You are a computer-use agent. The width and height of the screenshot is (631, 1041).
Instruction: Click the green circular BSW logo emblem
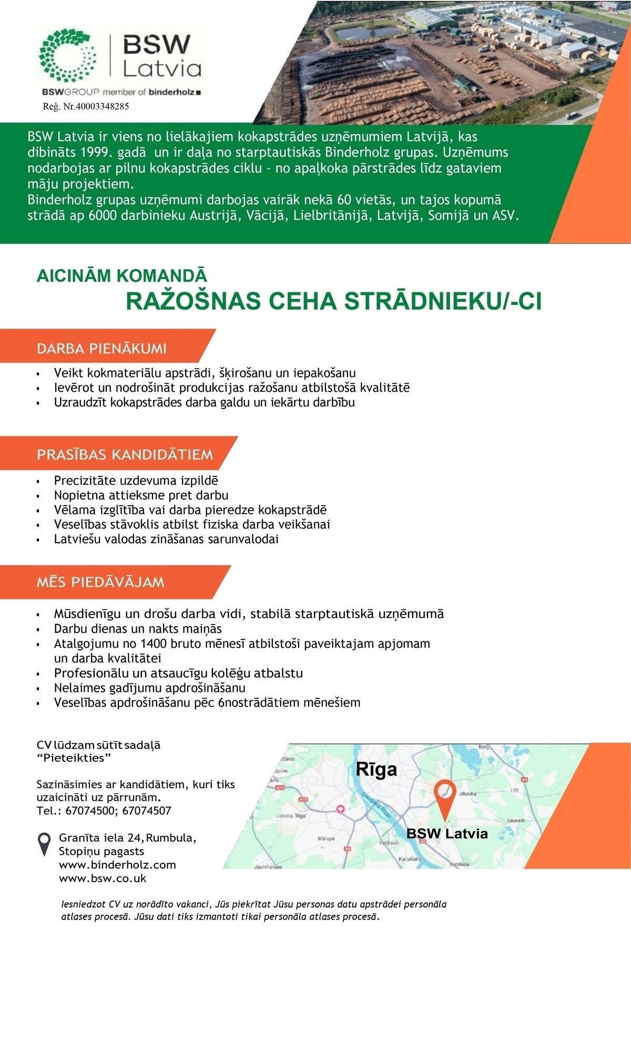[68, 55]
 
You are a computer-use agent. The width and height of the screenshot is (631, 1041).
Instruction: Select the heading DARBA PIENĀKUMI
[101, 349]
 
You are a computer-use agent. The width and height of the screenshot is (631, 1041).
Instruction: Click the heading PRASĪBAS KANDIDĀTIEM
[125, 454]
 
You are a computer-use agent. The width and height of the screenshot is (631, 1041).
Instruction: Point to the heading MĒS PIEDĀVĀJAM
[100, 582]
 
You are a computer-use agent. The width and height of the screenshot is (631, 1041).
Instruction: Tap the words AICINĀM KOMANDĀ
[121, 276]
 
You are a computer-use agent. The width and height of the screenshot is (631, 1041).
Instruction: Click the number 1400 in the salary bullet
[155, 644]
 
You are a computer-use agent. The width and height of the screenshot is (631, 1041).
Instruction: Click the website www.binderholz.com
[117, 864]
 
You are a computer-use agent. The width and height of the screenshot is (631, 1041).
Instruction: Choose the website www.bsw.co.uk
[103, 878]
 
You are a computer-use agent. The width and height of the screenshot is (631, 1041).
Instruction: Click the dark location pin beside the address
[45, 843]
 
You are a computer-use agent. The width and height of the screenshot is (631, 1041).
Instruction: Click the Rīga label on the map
[376, 769]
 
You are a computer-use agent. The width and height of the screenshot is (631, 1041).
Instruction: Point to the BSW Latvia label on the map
[447, 833]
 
